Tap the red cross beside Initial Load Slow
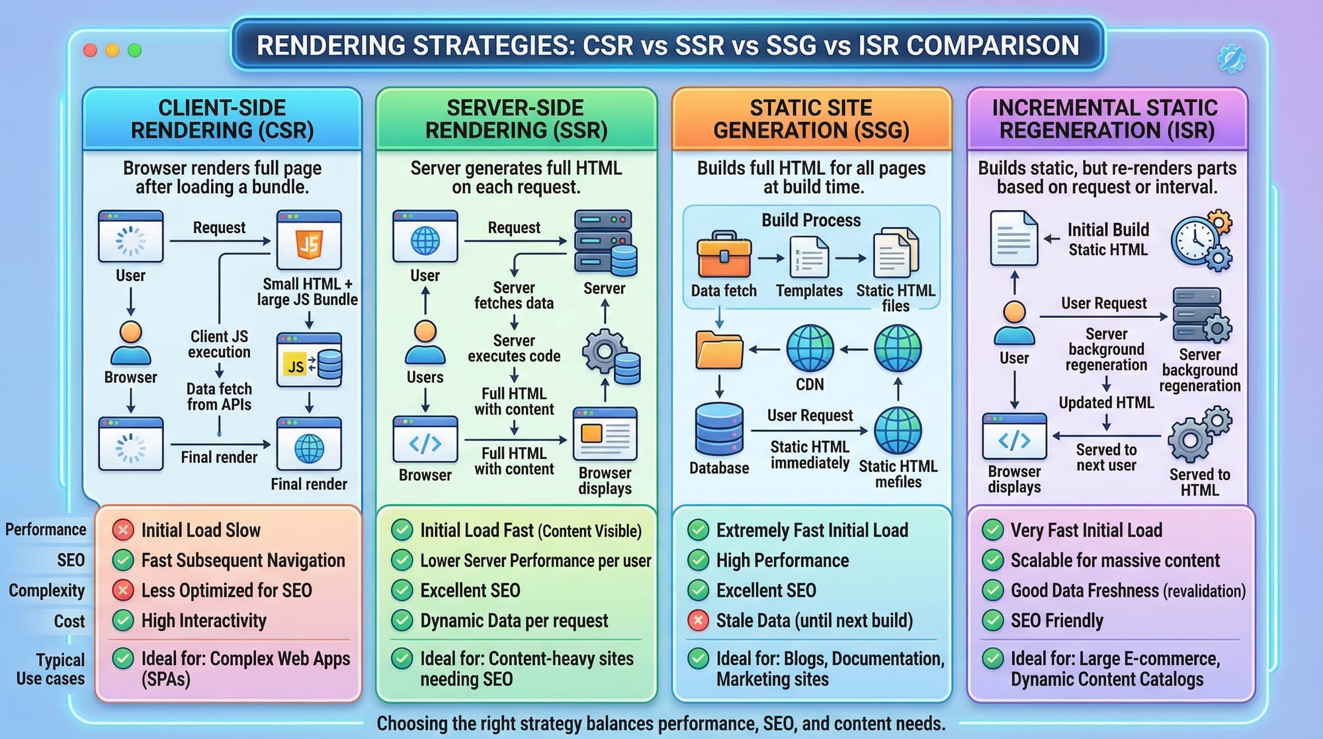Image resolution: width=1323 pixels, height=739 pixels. (122, 530)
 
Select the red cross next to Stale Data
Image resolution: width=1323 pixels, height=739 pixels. (698, 620)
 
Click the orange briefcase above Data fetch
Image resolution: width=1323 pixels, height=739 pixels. (724, 254)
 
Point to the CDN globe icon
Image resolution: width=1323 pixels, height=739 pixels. (810, 348)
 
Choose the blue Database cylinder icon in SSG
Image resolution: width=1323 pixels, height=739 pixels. (719, 429)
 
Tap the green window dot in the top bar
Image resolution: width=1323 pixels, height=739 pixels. (134, 50)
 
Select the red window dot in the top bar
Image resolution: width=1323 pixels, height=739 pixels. (91, 50)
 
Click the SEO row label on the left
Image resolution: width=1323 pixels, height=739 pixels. (70, 560)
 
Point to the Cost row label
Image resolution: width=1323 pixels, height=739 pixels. (69, 621)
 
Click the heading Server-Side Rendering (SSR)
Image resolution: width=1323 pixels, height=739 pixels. (516, 119)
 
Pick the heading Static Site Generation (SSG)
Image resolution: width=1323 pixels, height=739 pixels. (811, 119)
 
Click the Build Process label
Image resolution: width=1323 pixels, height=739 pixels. (811, 221)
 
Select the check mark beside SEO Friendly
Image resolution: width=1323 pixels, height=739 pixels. (992, 620)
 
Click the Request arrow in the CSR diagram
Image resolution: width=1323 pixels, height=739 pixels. (220, 242)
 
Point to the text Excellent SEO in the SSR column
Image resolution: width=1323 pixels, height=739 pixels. (470, 590)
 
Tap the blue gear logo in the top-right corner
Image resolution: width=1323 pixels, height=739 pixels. (1231, 59)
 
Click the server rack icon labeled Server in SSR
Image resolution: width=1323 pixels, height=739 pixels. (605, 242)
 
